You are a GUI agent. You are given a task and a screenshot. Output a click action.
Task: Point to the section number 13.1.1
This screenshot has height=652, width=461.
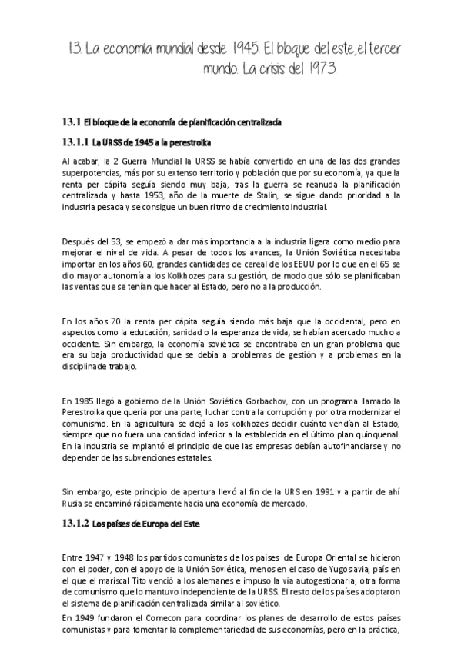[x=75, y=142]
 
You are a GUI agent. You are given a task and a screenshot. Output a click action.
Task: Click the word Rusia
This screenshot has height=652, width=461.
[x=74, y=504]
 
